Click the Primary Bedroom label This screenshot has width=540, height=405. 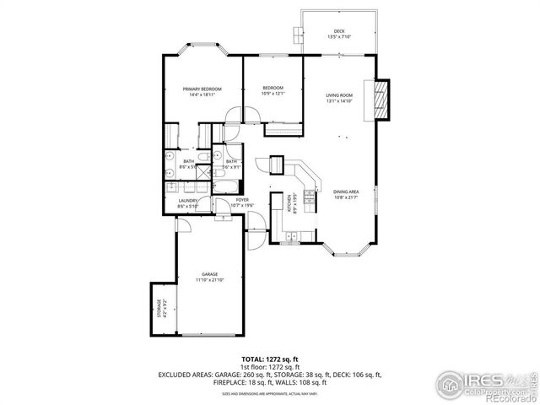coord(202,89)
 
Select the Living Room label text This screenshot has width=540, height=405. coord(338,95)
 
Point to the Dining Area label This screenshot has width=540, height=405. coord(346,192)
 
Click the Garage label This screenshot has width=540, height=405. coord(209,274)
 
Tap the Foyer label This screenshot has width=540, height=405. coord(242,199)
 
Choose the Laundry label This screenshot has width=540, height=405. coord(187,200)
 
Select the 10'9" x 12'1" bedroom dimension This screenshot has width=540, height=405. coord(272,94)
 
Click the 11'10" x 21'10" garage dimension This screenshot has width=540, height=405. coord(209,280)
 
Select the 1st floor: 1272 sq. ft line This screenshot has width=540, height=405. coord(269,368)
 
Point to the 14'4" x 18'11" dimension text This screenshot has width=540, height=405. coord(202,94)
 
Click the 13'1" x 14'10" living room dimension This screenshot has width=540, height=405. coord(338,101)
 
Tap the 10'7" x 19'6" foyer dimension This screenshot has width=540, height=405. coord(242,205)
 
